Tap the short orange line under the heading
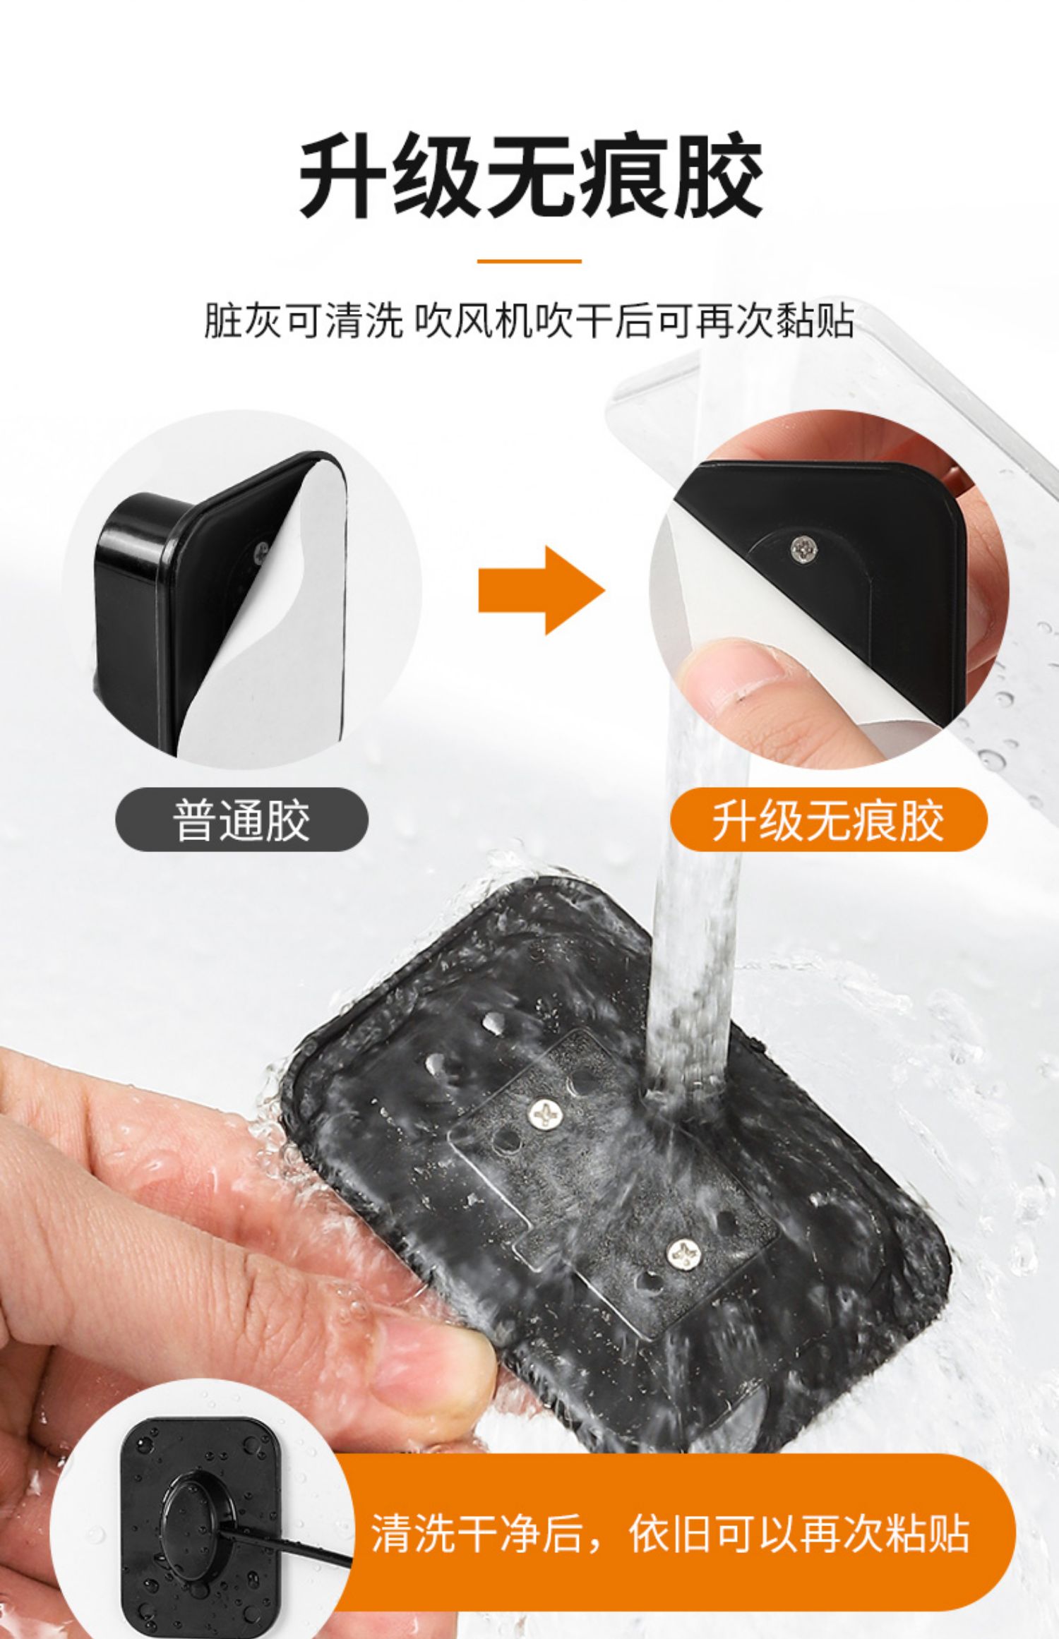[529, 261]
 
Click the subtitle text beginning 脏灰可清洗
[529, 321]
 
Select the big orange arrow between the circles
[542, 590]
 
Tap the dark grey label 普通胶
[241, 820]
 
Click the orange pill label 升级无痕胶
[828, 820]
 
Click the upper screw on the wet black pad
[547, 1113]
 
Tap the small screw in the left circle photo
[263, 547]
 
